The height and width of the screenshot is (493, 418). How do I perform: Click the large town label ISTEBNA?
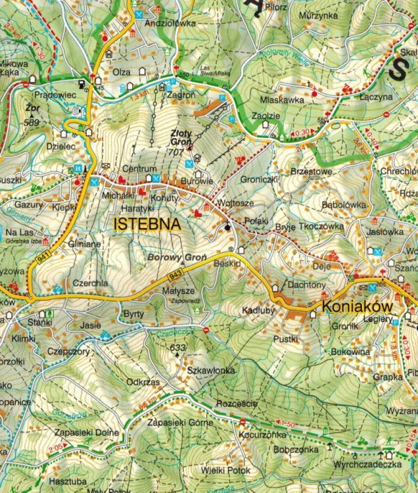(147, 223)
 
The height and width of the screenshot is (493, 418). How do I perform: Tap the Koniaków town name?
(357, 306)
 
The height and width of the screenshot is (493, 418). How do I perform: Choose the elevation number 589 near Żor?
(30, 122)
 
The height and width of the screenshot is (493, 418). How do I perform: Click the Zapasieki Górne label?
(179, 422)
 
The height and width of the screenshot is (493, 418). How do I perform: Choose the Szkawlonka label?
(212, 371)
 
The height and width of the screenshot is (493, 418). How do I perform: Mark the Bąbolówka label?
(344, 204)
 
